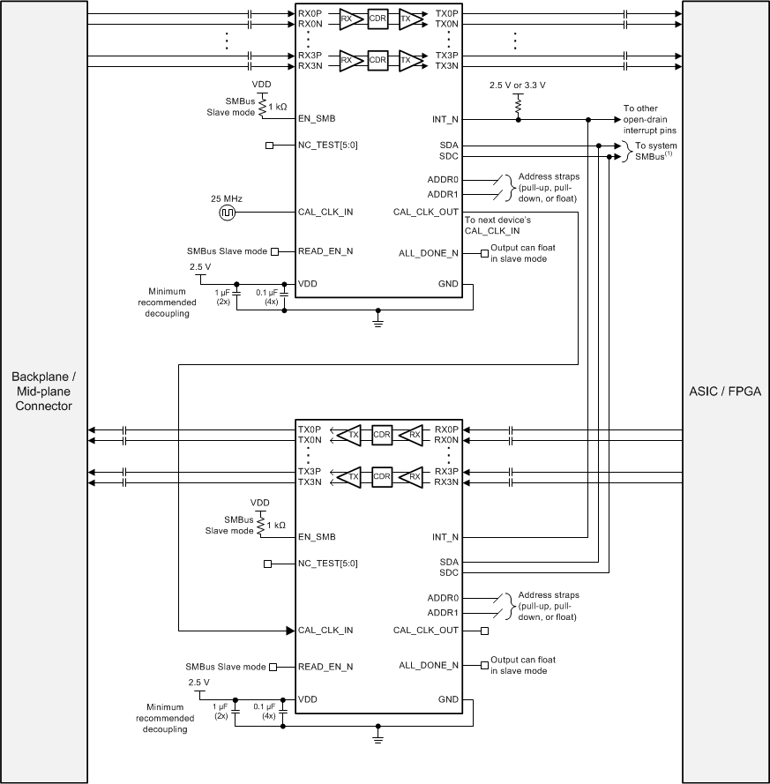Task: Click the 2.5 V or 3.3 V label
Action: click(518, 86)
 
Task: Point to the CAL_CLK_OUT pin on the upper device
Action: click(426, 212)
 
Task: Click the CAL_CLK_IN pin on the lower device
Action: click(325, 631)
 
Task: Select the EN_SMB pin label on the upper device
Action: click(317, 118)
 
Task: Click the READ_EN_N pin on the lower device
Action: click(325, 668)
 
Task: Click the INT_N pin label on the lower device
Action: click(443, 537)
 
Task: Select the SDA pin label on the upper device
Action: click(447, 145)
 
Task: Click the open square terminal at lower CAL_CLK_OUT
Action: click(484, 631)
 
